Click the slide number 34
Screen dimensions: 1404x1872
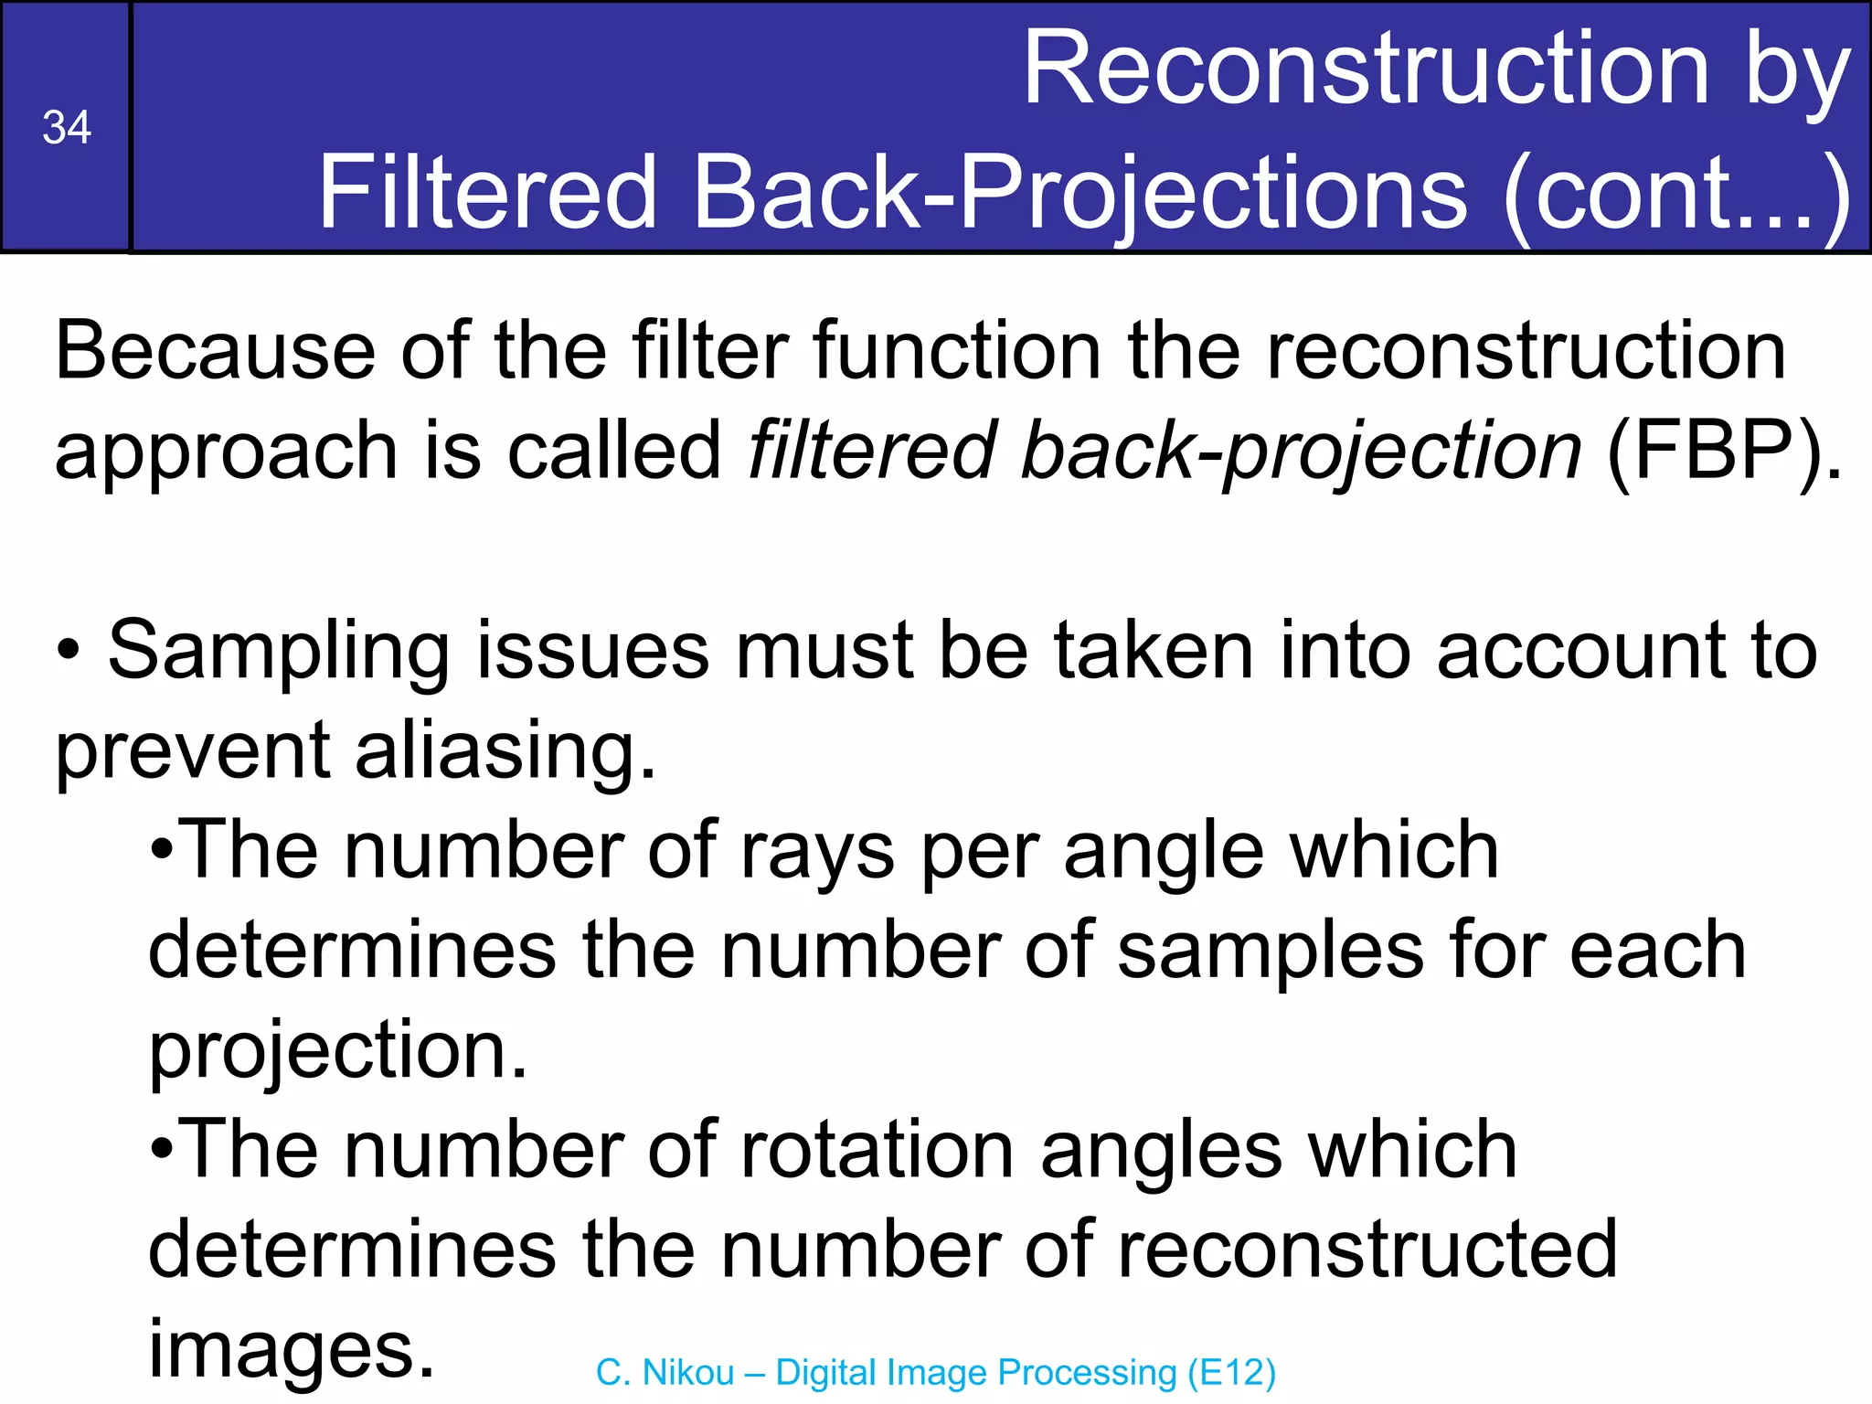[x=67, y=127]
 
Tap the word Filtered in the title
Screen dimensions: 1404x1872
[x=486, y=192]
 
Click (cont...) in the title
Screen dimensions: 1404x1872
[x=1677, y=192]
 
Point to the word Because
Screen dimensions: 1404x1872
[x=214, y=351]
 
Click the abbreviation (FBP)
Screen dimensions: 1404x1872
[x=1724, y=450]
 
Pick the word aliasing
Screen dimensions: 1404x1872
[x=505, y=751]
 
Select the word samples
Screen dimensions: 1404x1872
[x=1271, y=951]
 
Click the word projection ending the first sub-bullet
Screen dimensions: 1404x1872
[x=336, y=1051]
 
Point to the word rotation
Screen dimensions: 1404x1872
[x=877, y=1150]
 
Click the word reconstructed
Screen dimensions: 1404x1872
[x=1367, y=1249]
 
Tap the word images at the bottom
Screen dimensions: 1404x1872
[x=291, y=1349]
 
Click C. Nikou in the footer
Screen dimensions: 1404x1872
[x=665, y=1373]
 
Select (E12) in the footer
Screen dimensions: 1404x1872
[x=1231, y=1373]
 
